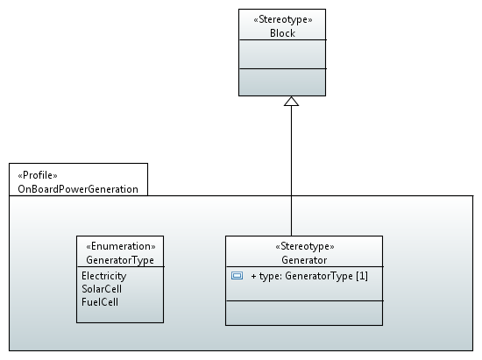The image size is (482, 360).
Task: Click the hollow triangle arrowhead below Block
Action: [x=291, y=101]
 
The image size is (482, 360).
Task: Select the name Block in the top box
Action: [x=282, y=33]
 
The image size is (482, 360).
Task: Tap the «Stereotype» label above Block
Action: [x=282, y=19]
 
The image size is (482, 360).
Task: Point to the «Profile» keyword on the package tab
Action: [x=38, y=175]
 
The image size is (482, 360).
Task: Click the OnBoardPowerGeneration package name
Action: [x=78, y=189]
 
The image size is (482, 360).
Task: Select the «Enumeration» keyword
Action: [x=121, y=246]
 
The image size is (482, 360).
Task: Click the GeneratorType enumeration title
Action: [x=120, y=260]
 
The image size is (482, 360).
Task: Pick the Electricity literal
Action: [x=104, y=276]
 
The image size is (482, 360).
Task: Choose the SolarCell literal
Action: [x=102, y=289]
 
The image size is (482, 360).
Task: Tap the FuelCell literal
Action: [x=100, y=302]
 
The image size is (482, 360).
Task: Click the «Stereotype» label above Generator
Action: [x=305, y=246]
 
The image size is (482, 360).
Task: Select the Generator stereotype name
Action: [x=304, y=260]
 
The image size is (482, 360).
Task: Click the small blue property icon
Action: [x=237, y=276]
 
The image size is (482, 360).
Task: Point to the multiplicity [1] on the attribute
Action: [x=362, y=276]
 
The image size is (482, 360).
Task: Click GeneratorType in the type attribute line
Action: [x=319, y=276]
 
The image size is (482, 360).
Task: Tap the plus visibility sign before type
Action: [x=253, y=276]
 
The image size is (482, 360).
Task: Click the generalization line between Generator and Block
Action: [x=291, y=171]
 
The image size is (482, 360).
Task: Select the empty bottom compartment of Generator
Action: [x=304, y=313]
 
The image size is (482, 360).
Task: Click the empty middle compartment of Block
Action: [x=282, y=54]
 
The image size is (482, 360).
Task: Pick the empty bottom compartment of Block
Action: [x=282, y=82]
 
